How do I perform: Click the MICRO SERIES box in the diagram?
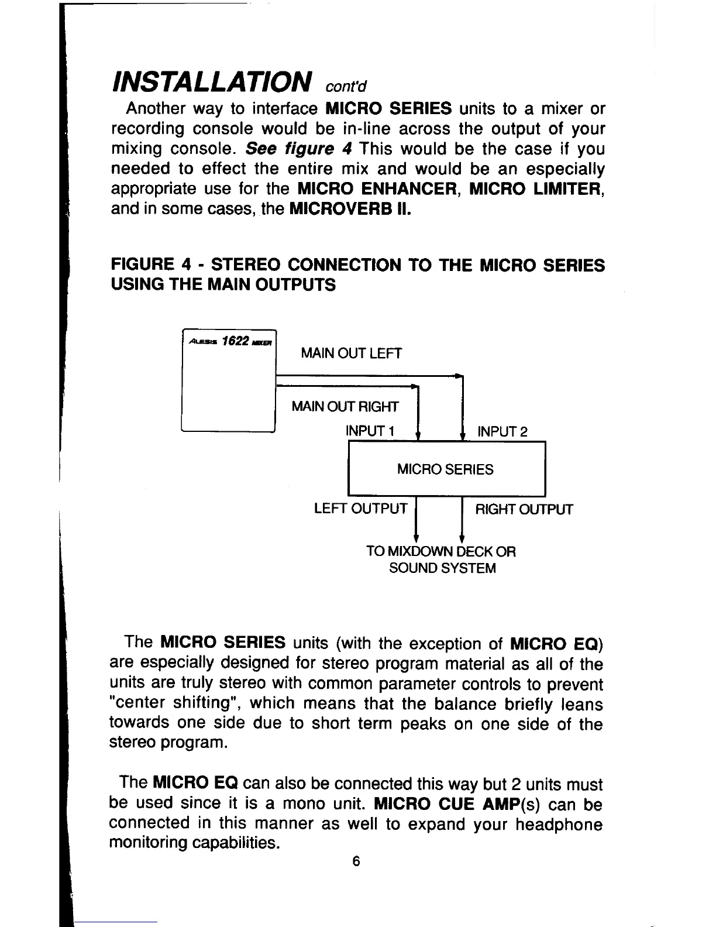coord(446,469)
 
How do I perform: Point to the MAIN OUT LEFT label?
coord(351,353)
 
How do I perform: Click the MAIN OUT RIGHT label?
coord(345,407)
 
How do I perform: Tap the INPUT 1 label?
coord(371,432)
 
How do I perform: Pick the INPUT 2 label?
coord(502,432)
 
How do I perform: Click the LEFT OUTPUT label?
coord(361,509)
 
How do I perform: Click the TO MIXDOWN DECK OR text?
coord(441,552)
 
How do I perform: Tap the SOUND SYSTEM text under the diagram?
coord(442,568)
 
